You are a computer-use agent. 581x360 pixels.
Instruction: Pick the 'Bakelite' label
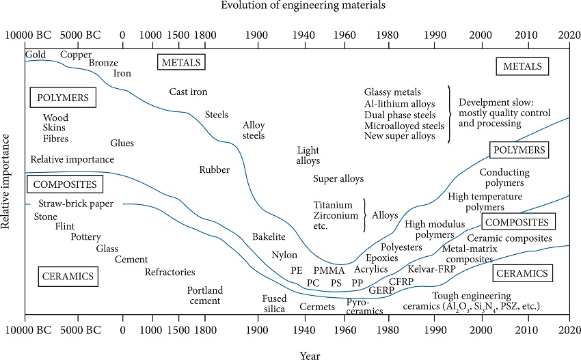click(269, 236)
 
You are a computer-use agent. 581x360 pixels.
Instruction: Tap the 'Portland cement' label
click(205, 296)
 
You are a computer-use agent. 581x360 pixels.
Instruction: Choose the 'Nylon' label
click(284, 255)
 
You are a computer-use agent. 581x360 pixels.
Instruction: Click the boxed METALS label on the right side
click(522, 66)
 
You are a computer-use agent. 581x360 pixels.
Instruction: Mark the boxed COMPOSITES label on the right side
click(518, 222)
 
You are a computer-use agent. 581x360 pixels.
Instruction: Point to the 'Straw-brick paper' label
click(75, 204)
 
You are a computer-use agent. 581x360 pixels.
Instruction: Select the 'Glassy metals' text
click(392, 92)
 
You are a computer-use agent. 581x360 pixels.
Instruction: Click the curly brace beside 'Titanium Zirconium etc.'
click(364, 214)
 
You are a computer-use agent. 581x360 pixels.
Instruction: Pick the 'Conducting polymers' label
click(501, 178)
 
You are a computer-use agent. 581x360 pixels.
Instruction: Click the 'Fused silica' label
click(274, 303)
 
